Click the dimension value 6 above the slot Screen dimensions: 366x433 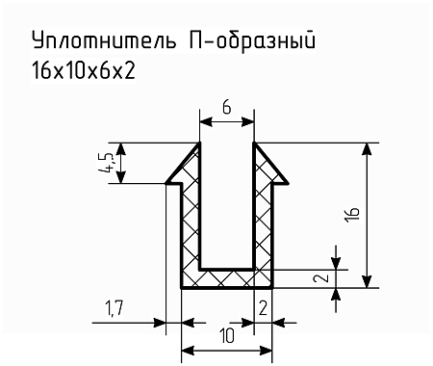click(226, 108)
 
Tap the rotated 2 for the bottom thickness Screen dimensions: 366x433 click(326, 278)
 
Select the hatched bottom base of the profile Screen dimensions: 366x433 click(226, 278)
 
